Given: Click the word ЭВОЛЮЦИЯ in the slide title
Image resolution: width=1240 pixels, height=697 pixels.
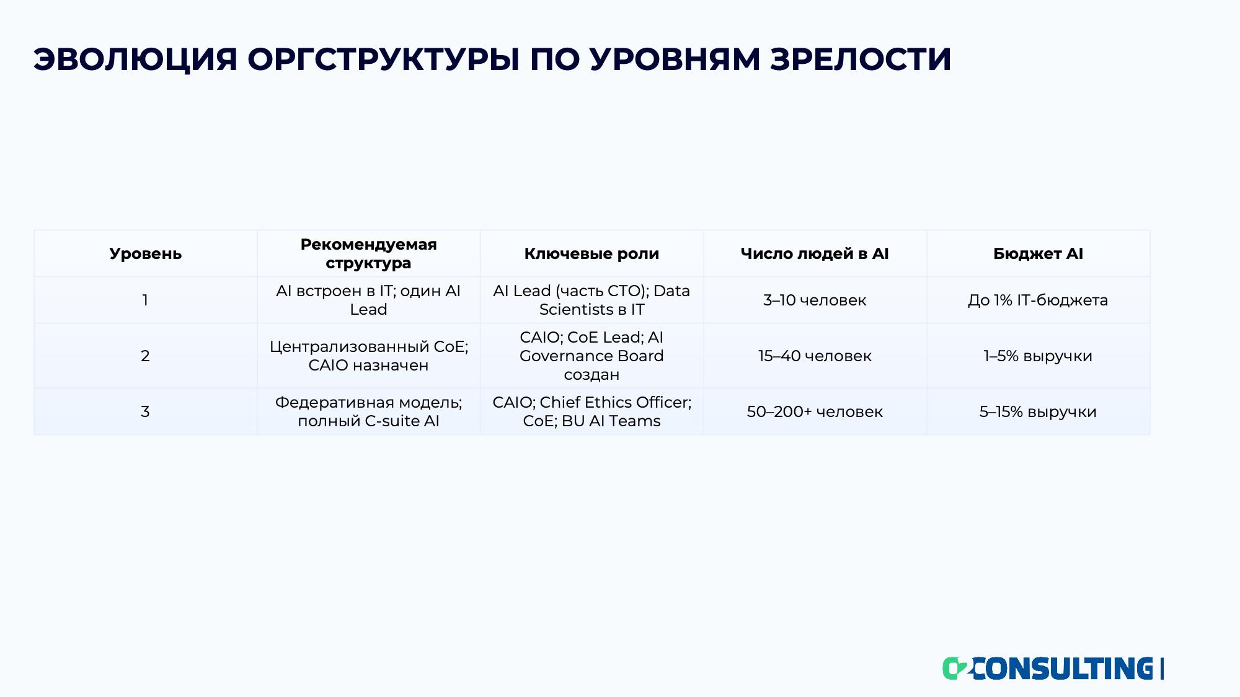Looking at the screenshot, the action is (135, 59).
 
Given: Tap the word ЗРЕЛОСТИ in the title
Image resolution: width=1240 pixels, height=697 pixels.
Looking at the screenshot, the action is (861, 59).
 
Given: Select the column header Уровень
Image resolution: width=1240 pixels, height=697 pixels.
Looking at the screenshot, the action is (146, 253).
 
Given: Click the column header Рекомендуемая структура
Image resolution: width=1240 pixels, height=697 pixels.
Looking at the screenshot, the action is (369, 253).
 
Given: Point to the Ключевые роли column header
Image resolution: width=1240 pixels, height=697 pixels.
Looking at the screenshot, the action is (592, 253).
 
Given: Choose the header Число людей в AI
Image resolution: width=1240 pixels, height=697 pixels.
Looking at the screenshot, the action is (815, 253).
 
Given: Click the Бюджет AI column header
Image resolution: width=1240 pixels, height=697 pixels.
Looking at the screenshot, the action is (1038, 253).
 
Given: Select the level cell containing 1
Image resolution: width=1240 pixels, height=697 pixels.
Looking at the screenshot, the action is (145, 300).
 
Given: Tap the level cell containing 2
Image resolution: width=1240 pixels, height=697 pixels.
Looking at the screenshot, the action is (145, 356).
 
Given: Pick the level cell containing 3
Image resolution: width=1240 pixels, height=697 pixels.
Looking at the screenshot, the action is (145, 411).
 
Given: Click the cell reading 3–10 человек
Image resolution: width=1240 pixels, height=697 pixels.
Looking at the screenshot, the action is (815, 300).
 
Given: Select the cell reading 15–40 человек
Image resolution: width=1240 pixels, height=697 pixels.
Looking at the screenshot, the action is (815, 356).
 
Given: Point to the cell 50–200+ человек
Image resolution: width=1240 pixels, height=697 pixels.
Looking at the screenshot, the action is (815, 411).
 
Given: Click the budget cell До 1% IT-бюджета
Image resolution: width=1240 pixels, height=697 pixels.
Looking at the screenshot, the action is (1038, 300).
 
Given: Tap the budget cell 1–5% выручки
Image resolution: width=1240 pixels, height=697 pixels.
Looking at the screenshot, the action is (1038, 356).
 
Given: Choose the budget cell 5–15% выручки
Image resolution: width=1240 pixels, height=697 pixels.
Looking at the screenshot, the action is (1038, 411).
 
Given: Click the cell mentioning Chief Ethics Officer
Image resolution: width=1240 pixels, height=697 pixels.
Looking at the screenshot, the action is (592, 411).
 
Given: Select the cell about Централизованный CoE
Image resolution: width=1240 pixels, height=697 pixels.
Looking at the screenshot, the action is (369, 356).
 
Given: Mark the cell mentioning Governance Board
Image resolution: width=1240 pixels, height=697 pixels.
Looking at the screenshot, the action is (592, 356).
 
